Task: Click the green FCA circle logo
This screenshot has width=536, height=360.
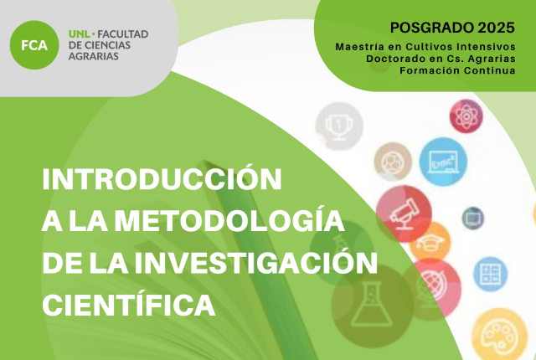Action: point(34,45)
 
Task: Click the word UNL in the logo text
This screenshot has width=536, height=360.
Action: point(79,34)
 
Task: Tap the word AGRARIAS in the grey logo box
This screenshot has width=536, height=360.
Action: point(93,56)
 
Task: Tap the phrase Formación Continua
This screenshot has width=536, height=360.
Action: point(458,70)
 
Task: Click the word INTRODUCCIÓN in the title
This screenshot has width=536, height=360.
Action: point(162,178)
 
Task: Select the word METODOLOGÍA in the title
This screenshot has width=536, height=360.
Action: point(229,221)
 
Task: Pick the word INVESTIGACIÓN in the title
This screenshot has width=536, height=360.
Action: point(256,263)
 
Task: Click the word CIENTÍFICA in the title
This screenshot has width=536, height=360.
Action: point(128,305)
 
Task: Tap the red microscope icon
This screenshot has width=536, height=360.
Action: point(404,213)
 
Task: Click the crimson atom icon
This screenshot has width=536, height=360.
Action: point(466,116)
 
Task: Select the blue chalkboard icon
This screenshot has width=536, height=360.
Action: point(443,162)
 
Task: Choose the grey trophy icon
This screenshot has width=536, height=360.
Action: point(338,126)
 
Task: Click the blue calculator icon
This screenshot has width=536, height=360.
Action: point(490,274)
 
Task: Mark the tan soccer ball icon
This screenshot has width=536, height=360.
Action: point(393,162)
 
